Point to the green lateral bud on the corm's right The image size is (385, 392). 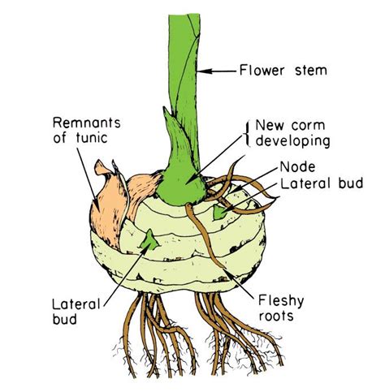click(x=220, y=213)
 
